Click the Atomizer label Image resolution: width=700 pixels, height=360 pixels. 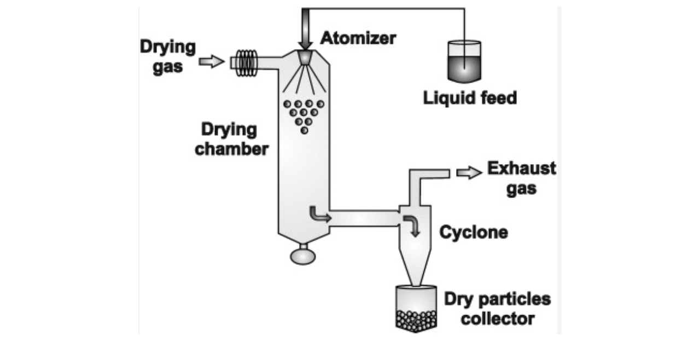coord(358,38)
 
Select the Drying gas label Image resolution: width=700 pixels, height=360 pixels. coord(167,57)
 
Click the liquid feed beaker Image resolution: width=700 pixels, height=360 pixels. coord(464,61)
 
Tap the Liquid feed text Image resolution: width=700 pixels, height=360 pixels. coord(470,98)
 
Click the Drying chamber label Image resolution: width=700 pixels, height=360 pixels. coord(232,139)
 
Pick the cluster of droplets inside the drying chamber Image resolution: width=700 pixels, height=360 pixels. coord(305,114)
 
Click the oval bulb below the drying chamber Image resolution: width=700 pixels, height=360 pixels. coord(302,255)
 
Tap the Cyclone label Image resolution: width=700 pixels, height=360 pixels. coord(474,233)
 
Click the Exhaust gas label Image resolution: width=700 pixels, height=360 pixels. coord(521,178)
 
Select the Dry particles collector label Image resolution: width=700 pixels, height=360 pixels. coord(497,309)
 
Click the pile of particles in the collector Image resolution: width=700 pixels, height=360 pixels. coord(416,320)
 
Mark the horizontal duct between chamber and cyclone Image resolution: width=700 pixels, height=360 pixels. coord(364,218)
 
